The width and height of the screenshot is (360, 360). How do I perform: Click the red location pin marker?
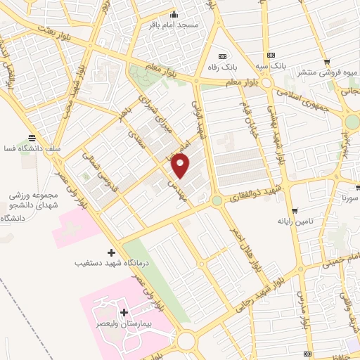pos(181,166)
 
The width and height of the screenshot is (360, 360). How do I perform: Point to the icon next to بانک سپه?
pos(269,55)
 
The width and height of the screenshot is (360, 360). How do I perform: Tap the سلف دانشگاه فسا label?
pos(32,149)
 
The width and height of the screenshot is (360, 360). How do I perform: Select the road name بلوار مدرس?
pos(304,312)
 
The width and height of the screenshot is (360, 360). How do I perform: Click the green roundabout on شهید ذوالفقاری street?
pos(217,201)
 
